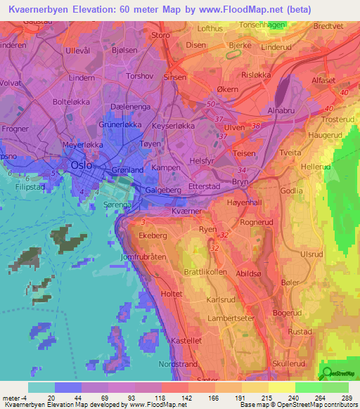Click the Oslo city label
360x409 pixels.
[x=81, y=165]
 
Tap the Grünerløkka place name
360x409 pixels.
[x=120, y=124]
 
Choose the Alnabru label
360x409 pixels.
[x=282, y=111]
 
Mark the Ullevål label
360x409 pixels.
[x=78, y=51]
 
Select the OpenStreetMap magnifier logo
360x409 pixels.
[x=327, y=373]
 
